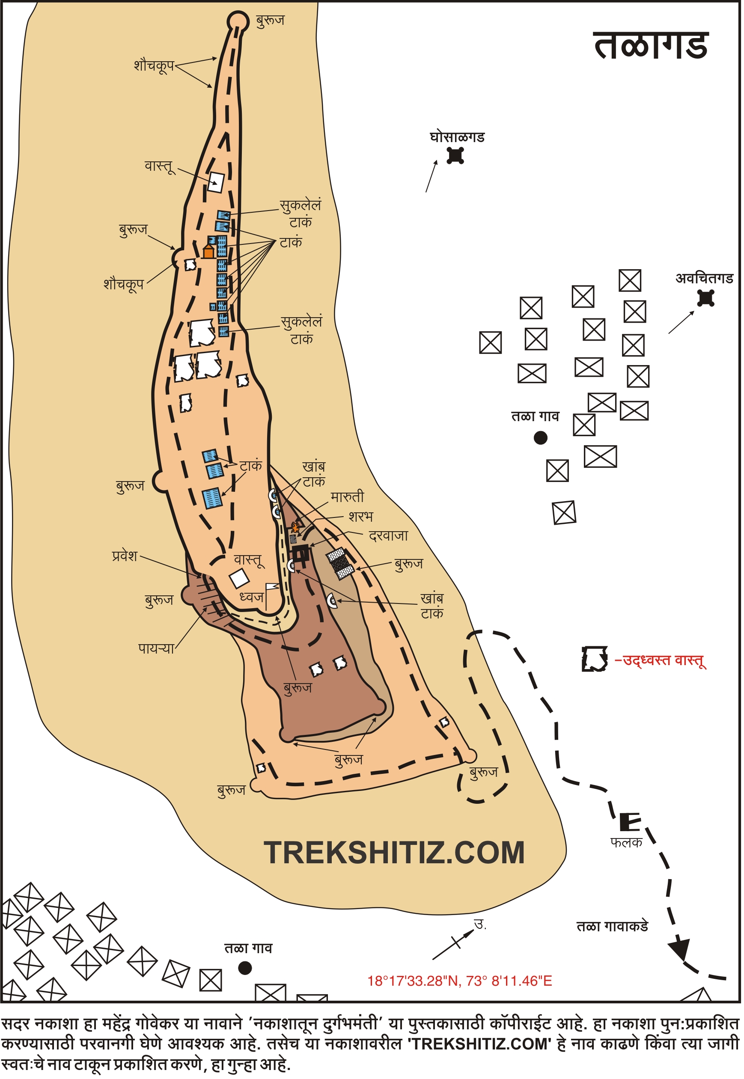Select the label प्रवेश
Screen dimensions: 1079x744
(125, 556)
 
